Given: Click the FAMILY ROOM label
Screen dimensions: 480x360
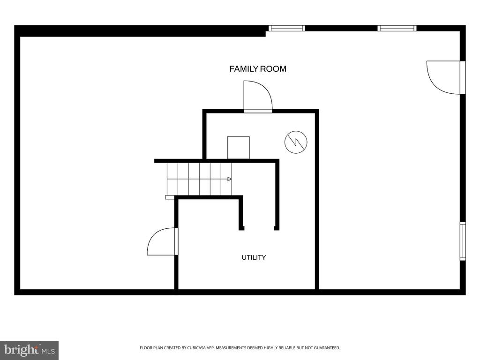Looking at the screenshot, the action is pyautogui.click(x=258, y=69).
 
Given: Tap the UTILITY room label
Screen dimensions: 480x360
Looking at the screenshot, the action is pyautogui.click(x=254, y=257).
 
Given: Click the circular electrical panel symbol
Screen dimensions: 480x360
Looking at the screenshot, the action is pyautogui.click(x=296, y=142).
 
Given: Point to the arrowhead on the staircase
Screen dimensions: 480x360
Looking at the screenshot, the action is pyautogui.click(x=229, y=179).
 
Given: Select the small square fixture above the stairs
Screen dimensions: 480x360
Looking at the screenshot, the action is pyautogui.click(x=238, y=148).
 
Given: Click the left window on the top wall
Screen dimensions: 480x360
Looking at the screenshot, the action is pyautogui.click(x=287, y=28).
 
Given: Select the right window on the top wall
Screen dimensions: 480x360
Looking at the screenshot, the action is pyautogui.click(x=397, y=28).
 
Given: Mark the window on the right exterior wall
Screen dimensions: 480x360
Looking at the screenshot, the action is pyautogui.click(x=463, y=241).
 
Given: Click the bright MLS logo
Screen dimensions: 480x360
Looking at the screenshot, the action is pyautogui.click(x=29, y=350).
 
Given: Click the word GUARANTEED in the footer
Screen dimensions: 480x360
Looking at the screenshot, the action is pyautogui.click(x=328, y=348).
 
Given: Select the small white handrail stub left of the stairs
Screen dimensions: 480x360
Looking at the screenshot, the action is pyautogui.click(x=170, y=197).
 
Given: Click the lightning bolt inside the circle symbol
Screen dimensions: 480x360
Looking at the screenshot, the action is pyautogui.click(x=296, y=142).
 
